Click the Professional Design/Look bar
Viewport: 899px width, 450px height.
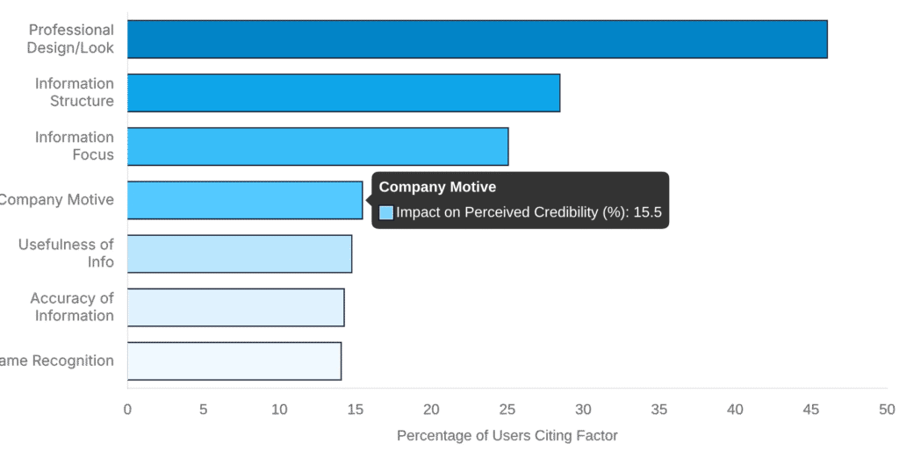(x=477, y=39)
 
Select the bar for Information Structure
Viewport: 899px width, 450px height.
(x=343, y=93)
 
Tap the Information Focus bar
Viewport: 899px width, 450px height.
(x=318, y=146)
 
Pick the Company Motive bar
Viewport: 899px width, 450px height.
(x=245, y=200)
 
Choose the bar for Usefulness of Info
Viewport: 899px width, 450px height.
(x=239, y=254)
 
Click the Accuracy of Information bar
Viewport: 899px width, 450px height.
(x=235, y=307)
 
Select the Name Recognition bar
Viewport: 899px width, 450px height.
(x=234, y=361)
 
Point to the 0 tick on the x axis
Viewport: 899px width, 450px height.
(x=127, y=409)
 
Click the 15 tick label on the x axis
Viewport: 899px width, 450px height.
(x=356, y=409)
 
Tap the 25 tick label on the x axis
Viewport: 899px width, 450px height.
(x=507, y=409)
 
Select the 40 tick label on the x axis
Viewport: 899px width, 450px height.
(x=735, y=409)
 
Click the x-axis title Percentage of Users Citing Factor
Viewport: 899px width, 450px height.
(x=507, y=435)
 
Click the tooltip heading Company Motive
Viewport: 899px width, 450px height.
(x=437, y=187)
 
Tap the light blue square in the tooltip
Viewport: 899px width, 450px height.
(x=386, y=212)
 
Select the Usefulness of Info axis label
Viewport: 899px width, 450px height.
(x=67, y=254)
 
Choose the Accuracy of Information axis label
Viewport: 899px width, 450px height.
(x=72, y=307)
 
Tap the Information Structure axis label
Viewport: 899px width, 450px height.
(x=75, y=93)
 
